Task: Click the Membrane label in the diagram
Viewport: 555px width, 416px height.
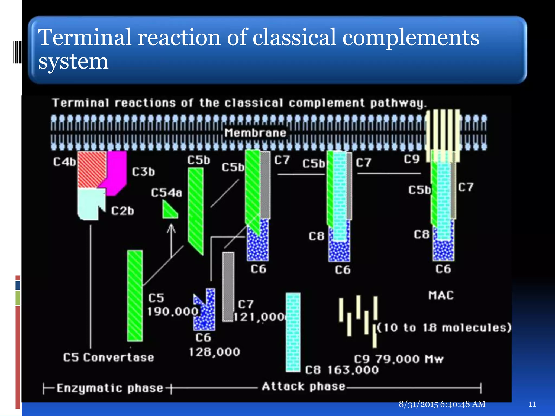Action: coord(255,133)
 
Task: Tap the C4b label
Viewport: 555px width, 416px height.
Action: coord(64,162)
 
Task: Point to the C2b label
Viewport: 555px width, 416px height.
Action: coord(122,211)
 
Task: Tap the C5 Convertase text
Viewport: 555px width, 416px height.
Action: coord(108,357)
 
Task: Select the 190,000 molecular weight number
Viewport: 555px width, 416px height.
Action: coord(173,311)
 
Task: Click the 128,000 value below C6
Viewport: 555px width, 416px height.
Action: coord(214,352)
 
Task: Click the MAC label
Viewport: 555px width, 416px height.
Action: coord(441,295)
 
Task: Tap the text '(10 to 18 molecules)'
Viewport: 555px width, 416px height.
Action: coord(444,328)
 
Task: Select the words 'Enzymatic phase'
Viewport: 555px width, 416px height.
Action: coord(110,388)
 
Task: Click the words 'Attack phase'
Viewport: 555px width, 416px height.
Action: coord(304,386)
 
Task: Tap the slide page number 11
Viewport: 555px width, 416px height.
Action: coord(532,404)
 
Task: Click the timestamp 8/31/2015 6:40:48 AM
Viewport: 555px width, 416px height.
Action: coord(442,404)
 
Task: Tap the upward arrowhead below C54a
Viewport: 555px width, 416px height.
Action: coord(171,228)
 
